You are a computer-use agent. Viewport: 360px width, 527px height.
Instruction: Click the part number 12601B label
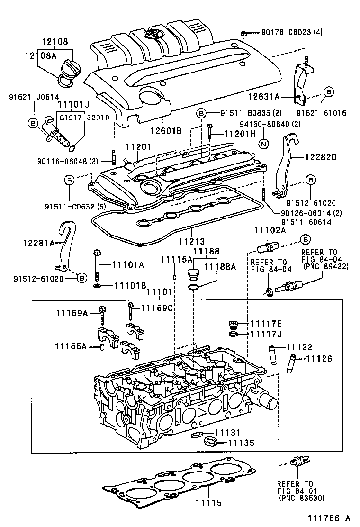click(x=166, y=130)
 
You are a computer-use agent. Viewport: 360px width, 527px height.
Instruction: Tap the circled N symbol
click(x=264, y=144)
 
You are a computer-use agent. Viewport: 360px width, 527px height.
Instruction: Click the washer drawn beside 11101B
click(x=97, y=286)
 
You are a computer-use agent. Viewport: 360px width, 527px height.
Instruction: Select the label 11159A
click(x=72, y=313)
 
